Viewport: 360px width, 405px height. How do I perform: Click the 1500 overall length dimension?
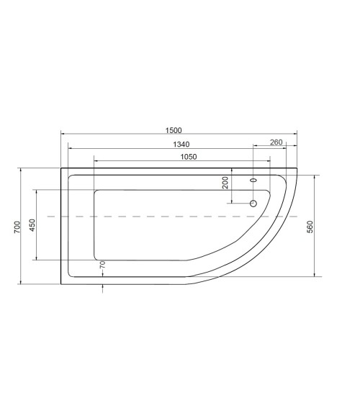coord(173,130)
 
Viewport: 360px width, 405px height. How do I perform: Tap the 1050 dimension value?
coord(189,156)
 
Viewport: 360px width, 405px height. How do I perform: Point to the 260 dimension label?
coord(276,142)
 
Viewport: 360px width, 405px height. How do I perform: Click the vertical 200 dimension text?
coord(225,183)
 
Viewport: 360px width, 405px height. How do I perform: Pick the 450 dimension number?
coord(32,225)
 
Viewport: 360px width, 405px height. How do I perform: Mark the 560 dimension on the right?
coord(310,226)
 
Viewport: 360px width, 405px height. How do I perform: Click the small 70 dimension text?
coord(102,265)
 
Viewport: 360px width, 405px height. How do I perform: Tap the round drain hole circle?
coord(253,204)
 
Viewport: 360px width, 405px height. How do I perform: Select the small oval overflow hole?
coord(253,180)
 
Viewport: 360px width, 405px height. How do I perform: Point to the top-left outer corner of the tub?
coord(60,169)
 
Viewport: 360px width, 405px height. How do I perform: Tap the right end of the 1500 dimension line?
coord(298,135)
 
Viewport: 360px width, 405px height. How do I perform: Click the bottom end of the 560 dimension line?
coord(316,276)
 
